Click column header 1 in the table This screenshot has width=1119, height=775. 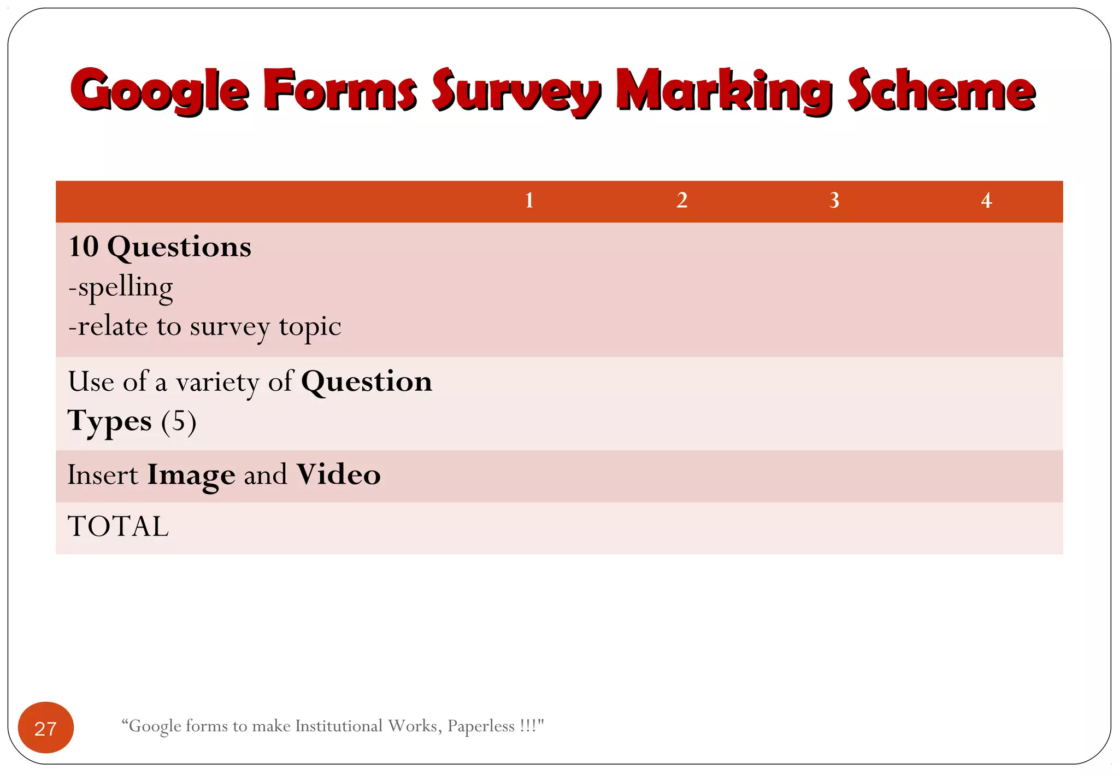coord(529,201)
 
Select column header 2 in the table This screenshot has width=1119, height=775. coord(681,201)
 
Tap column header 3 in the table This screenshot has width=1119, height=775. coord(834,201)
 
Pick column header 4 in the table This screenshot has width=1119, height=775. coord(986,201)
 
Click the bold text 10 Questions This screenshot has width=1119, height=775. coord(160,247)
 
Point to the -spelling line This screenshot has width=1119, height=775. coord(121,287)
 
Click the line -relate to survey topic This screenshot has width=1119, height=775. coord(204,327)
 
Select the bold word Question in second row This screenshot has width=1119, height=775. coord(366,381)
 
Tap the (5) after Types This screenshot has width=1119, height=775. coord(178,421)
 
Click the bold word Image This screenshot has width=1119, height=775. coord(191,474)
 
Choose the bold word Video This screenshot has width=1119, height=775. coord(338,474)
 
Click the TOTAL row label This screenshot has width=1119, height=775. coord(118,526)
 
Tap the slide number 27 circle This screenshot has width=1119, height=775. coord(46,728)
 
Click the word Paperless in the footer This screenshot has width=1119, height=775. coord(481,726)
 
